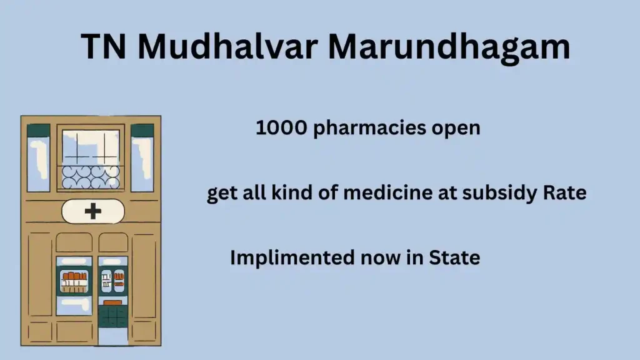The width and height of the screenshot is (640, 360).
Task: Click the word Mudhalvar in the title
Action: pos(227,46)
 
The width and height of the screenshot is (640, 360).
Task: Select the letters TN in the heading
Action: pos(103,46)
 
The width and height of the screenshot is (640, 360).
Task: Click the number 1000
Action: pos(281,127)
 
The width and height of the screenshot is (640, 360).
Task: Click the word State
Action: pos(454,257)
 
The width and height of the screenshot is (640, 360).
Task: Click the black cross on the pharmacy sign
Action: pos(93,211)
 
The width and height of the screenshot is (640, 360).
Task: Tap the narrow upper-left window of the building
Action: pos(38,158)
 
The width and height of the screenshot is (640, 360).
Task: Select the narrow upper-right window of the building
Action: pos(142,158)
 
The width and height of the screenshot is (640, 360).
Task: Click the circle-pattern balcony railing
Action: pos(91,178)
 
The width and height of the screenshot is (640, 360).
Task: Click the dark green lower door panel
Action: pos(112,317)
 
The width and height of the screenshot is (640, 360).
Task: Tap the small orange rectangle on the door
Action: pos(112,302)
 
